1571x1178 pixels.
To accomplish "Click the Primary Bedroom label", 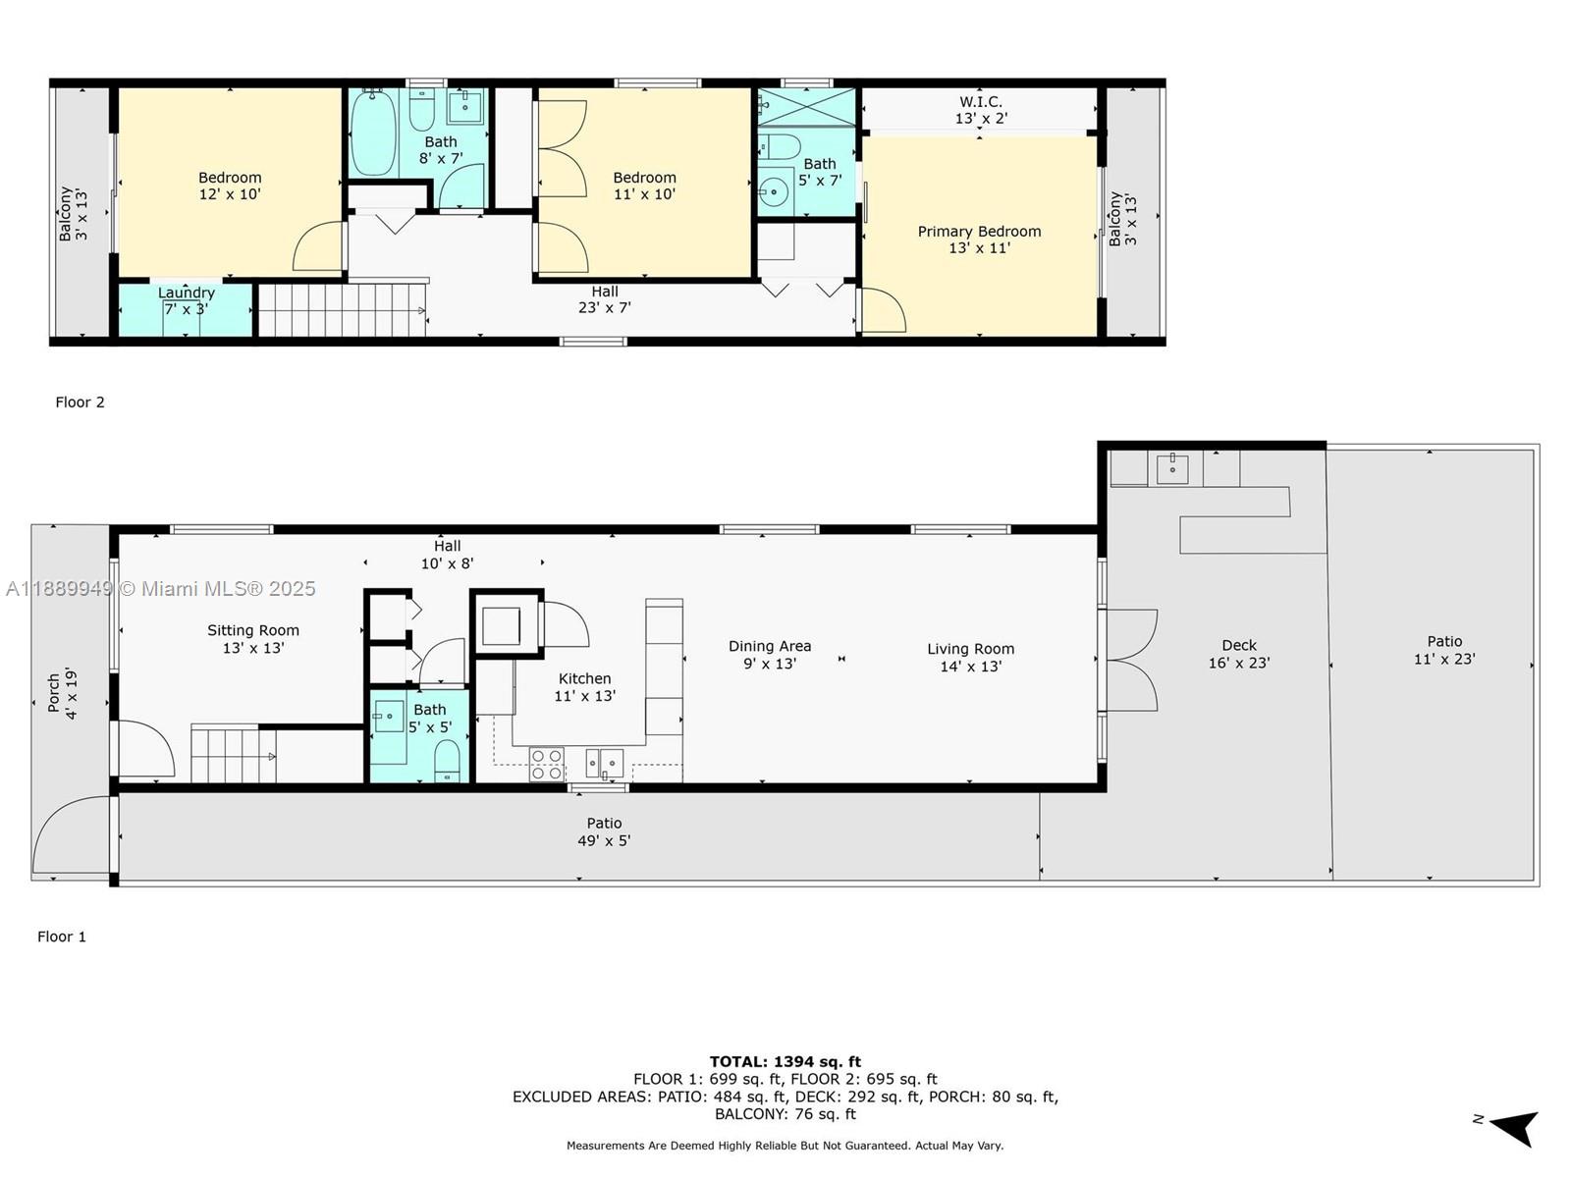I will (979, 232).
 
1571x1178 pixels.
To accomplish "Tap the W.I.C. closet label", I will (980, 102).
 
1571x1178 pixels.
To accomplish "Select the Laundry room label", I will (186, 293).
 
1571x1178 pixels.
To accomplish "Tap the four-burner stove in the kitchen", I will (547, 764).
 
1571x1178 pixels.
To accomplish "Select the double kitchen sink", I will (605, 762).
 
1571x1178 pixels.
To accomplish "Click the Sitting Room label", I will (252, 630).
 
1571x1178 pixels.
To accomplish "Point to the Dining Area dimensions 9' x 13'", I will (769, 664).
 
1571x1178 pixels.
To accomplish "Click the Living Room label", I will (970, 649).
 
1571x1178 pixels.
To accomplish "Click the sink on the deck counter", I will (1172, 468).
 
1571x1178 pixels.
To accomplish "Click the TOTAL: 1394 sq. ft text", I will (785, 1061).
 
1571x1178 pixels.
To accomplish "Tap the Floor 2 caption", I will (80, 402).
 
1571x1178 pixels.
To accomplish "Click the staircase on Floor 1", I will (232, 754).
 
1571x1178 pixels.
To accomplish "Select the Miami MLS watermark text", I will (160, 588).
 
